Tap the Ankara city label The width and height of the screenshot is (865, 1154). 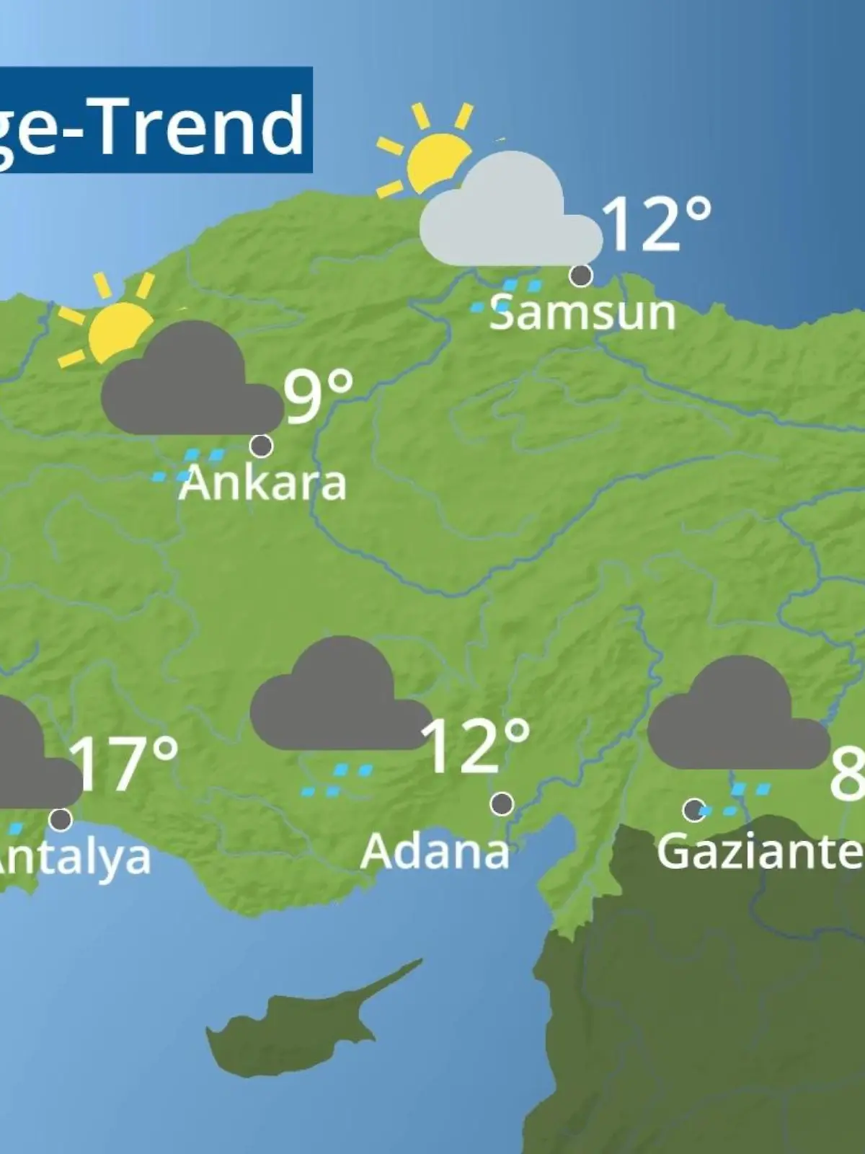pos(263,483)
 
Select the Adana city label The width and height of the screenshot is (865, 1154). pos(435,852)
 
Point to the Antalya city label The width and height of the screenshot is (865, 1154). pos(72,858)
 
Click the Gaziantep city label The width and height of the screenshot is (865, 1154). pos(760,852)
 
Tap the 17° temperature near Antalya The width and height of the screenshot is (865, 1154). pos(125,762)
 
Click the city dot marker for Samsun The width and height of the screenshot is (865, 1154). pos(581,275)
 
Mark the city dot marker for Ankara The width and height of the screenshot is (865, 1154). pos(261,446)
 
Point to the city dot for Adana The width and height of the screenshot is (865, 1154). pos(502,803)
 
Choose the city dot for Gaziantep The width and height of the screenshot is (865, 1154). pos(693,810)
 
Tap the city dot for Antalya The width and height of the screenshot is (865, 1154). pos(61,819)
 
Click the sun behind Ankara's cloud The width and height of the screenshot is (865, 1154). pos(115,328)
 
